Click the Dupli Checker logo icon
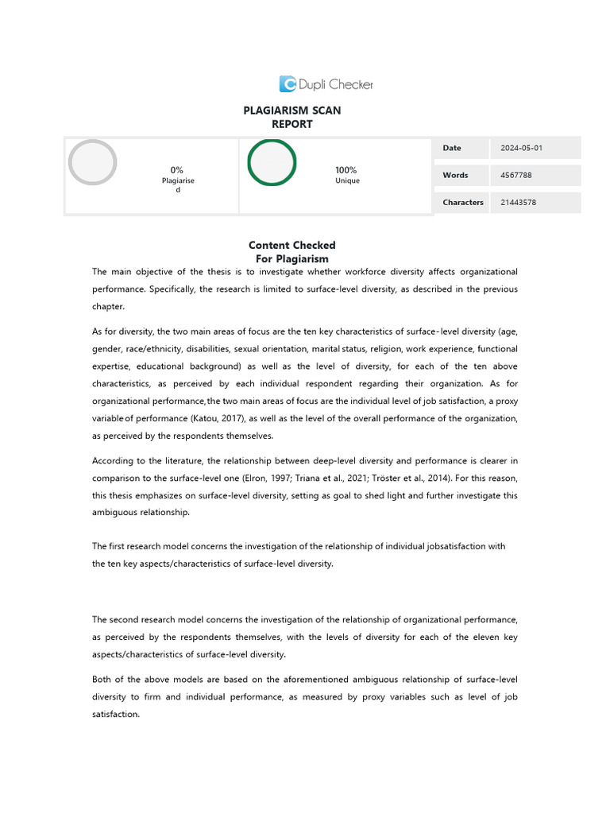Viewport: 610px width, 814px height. [288, 83]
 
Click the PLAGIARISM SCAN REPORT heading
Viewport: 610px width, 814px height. [291, 117]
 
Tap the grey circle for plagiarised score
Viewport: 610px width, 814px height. [92, 162]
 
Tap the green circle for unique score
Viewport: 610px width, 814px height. [272, 162]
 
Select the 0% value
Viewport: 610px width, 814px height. [177, 169]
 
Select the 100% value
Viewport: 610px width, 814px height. [346, 169]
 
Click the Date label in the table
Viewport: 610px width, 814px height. [452, 148]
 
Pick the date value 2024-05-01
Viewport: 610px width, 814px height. [522, 148]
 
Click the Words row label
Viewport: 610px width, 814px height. [455, 175]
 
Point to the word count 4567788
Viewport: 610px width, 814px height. [518, 175]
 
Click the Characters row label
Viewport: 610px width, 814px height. [463, 202]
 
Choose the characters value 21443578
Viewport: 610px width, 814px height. [519, 202]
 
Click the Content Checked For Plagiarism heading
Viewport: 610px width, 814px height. [291, 252]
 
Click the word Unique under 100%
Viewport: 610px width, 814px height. [347, 180]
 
